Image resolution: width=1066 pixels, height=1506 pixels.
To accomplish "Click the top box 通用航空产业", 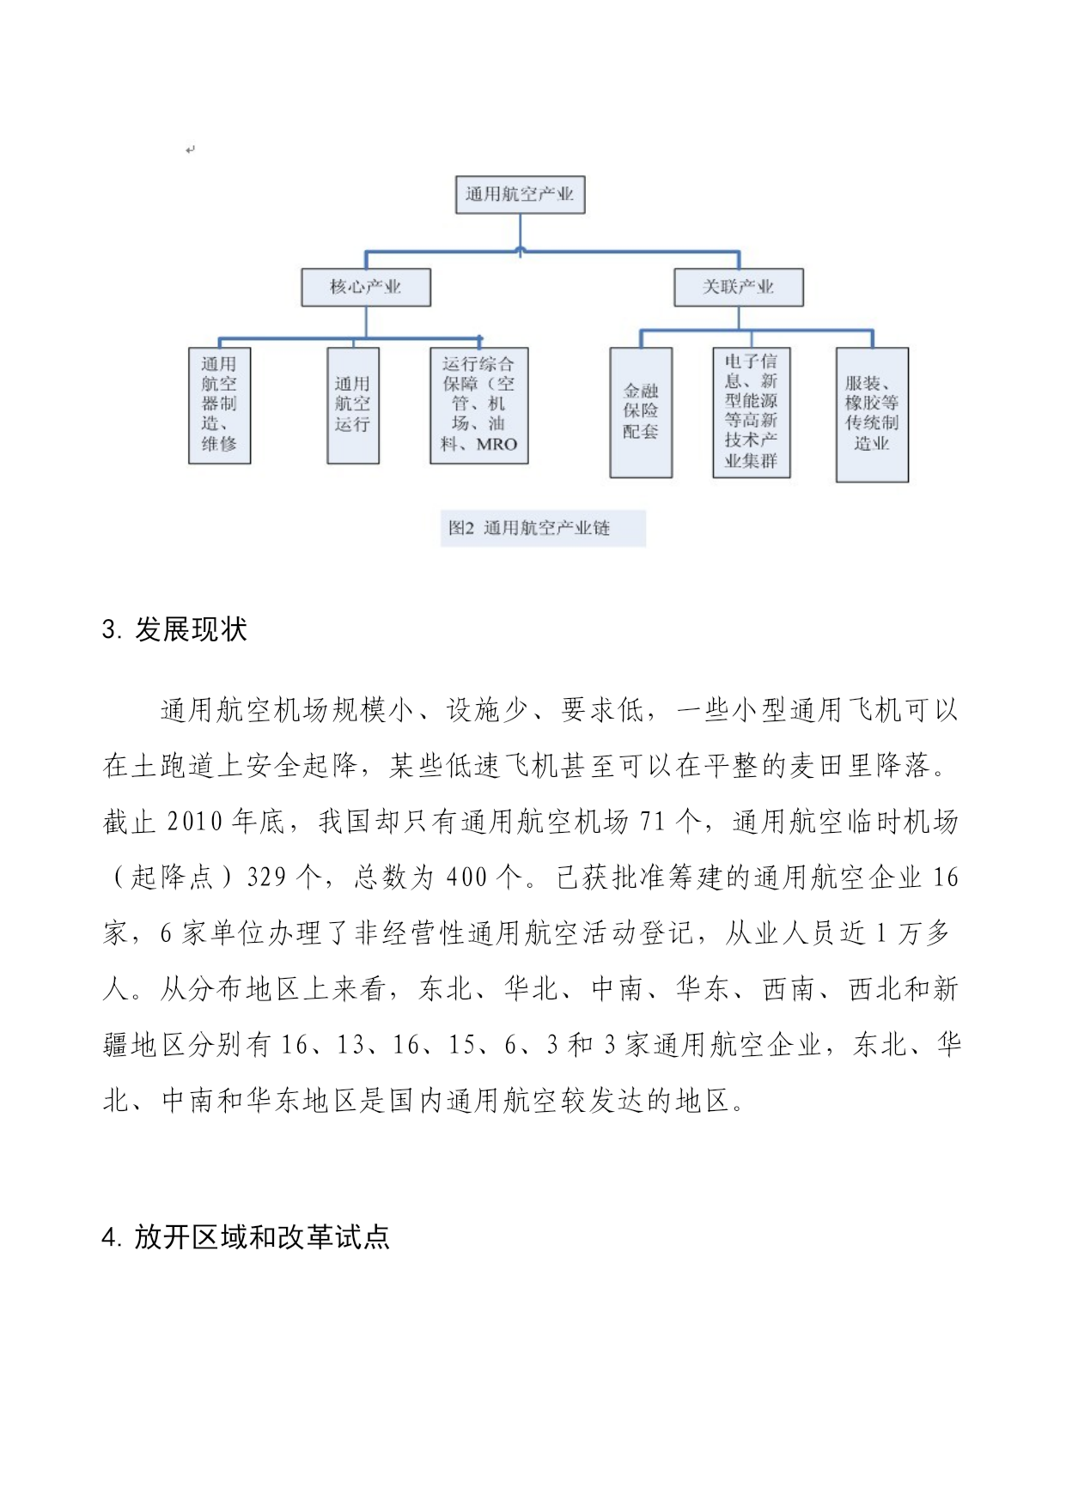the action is (x=520, y=195).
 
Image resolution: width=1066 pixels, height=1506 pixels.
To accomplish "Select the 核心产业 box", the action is (x=366, y=287).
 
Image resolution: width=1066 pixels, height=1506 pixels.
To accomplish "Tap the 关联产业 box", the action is (x=739, y=287).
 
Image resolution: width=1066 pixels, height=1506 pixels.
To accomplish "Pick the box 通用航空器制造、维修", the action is (x=220, y=405).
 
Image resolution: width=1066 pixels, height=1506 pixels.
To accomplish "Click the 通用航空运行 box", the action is (x=353, y=405).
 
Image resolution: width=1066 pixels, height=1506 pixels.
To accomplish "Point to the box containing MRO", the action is (x=479, y=405).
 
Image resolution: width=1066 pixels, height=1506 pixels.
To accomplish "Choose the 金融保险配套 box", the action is (x=641, y=412).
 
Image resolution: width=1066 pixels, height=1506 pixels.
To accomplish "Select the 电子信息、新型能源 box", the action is (x=752, y=412).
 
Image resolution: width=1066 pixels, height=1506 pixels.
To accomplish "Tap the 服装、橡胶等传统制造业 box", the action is (x=872, y=414).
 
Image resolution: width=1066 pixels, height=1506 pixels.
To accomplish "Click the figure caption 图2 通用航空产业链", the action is (x=543, y=528).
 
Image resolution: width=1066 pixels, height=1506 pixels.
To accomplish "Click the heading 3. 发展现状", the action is (x=174, y=630).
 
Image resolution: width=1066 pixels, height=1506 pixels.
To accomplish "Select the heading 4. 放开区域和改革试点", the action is (x=246, y=1237).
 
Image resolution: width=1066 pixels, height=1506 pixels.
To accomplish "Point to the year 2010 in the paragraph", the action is (x=195, y=823).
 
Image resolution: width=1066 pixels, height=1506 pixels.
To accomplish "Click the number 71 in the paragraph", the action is (x=652, y=823).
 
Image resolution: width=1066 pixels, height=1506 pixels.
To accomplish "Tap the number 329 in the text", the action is (x=266, y=877).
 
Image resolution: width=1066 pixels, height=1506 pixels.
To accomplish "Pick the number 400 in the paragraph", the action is (x=466, y=877).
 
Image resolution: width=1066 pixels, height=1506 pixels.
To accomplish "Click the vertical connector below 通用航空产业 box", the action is (x=521, y=233).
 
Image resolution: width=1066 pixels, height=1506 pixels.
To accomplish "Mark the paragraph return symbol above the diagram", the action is (x=190, y=150).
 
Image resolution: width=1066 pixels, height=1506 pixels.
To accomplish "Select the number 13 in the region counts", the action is (x=350, y=1045).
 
